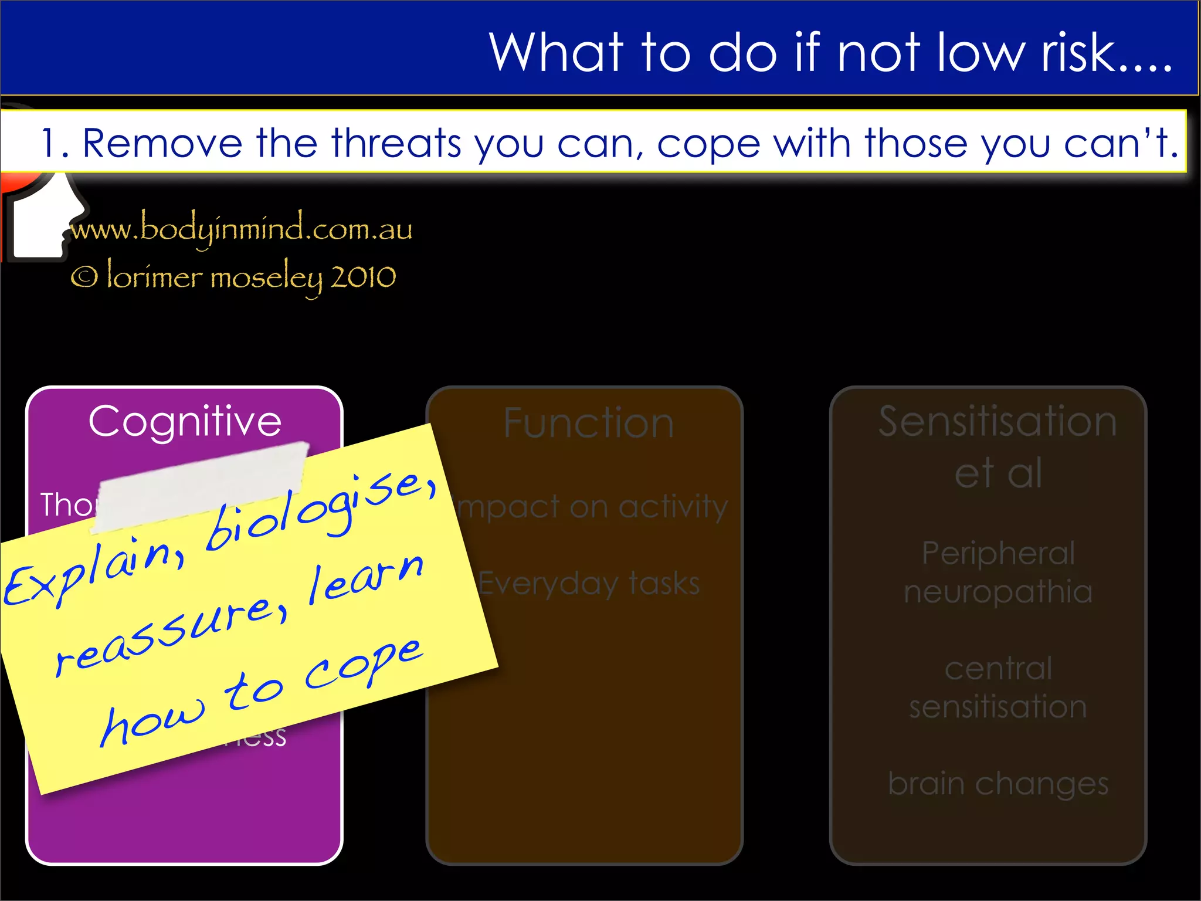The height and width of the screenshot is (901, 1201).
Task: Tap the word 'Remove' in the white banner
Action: pyautogui.click(x=162, y=143)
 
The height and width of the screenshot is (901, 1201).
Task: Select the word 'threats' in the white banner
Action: pyautogui.click(x=396, y=143)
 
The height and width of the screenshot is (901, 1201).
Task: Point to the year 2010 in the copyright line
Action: pyautogui.click(x=363, y=277)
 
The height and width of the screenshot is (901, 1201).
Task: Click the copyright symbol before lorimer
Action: pyautogui.click(x=84, y=277)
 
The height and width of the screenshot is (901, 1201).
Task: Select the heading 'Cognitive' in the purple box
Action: pyautogui.click(x=185, y=421)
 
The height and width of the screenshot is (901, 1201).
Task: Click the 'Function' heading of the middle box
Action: pyautogui.click(x=588, y=423)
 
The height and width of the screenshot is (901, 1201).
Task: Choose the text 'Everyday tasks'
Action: pyautogui.click(x=589, y=584)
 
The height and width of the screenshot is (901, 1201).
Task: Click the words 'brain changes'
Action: pyautogui.click(x=998, y=784)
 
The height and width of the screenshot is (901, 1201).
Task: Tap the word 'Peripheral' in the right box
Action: pyautogui.click(x=998, y=553)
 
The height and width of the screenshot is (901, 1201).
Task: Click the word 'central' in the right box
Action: pyautogui.click(x=998, y=668)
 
